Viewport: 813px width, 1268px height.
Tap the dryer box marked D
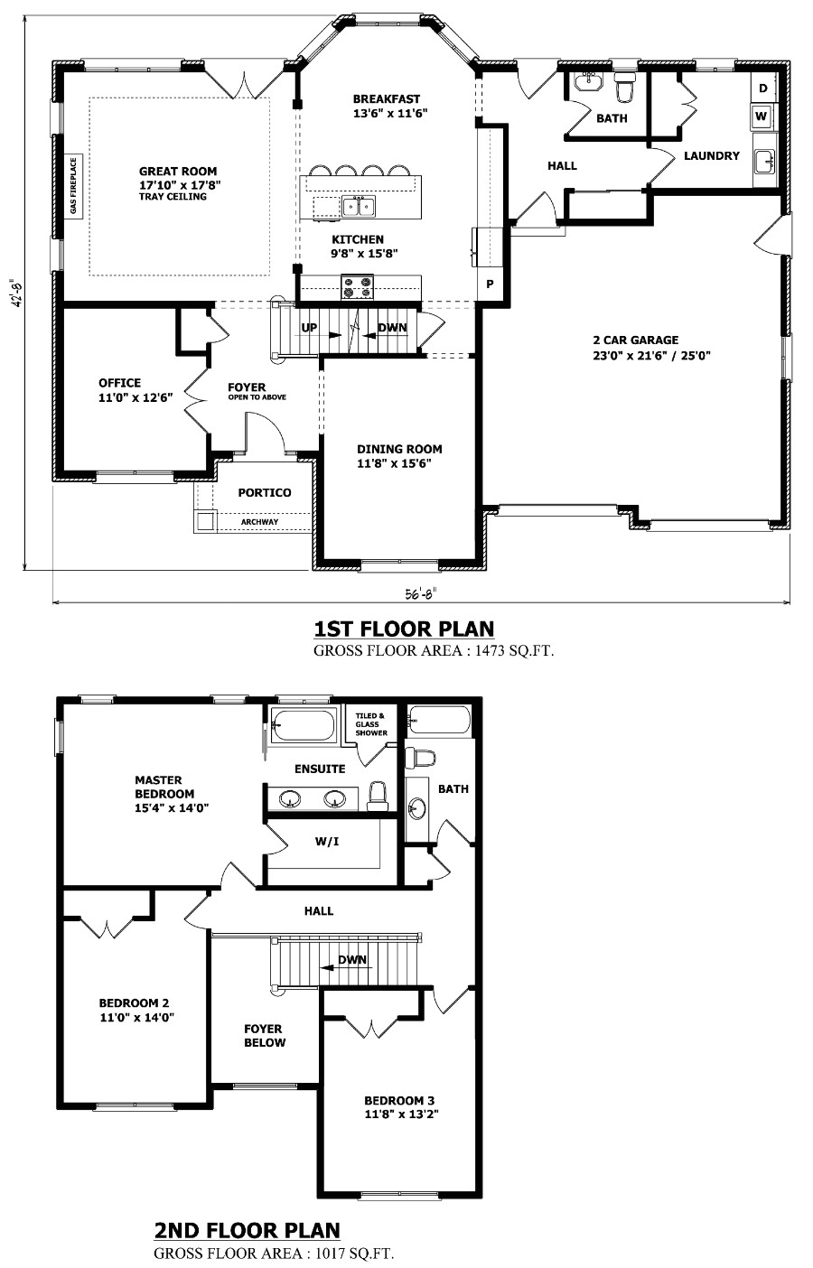tap(762, 89)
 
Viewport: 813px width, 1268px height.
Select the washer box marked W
tap(762, 117)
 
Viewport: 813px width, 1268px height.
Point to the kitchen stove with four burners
tap(357, 287)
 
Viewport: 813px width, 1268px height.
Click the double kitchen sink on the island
tap(359, 207)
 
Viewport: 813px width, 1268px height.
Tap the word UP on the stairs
tap(309, 328)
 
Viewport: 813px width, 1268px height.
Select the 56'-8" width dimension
tap(420, 593)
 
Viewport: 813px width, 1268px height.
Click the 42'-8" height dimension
tap(15, 294)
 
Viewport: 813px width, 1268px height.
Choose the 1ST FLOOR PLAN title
tap(404, 629)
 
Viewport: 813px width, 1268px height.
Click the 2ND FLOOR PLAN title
tap(248, 1230)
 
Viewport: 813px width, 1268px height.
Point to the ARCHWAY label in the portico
tap(259, 522)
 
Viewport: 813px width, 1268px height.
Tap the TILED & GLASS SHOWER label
tap(370, 724)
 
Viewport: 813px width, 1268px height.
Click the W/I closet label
tap(326, 841)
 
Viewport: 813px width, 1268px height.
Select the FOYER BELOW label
tap(264, 1035)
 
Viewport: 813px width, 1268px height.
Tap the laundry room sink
tap(764, 162)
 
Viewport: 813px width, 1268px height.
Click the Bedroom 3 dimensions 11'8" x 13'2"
tap(399, 1114)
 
